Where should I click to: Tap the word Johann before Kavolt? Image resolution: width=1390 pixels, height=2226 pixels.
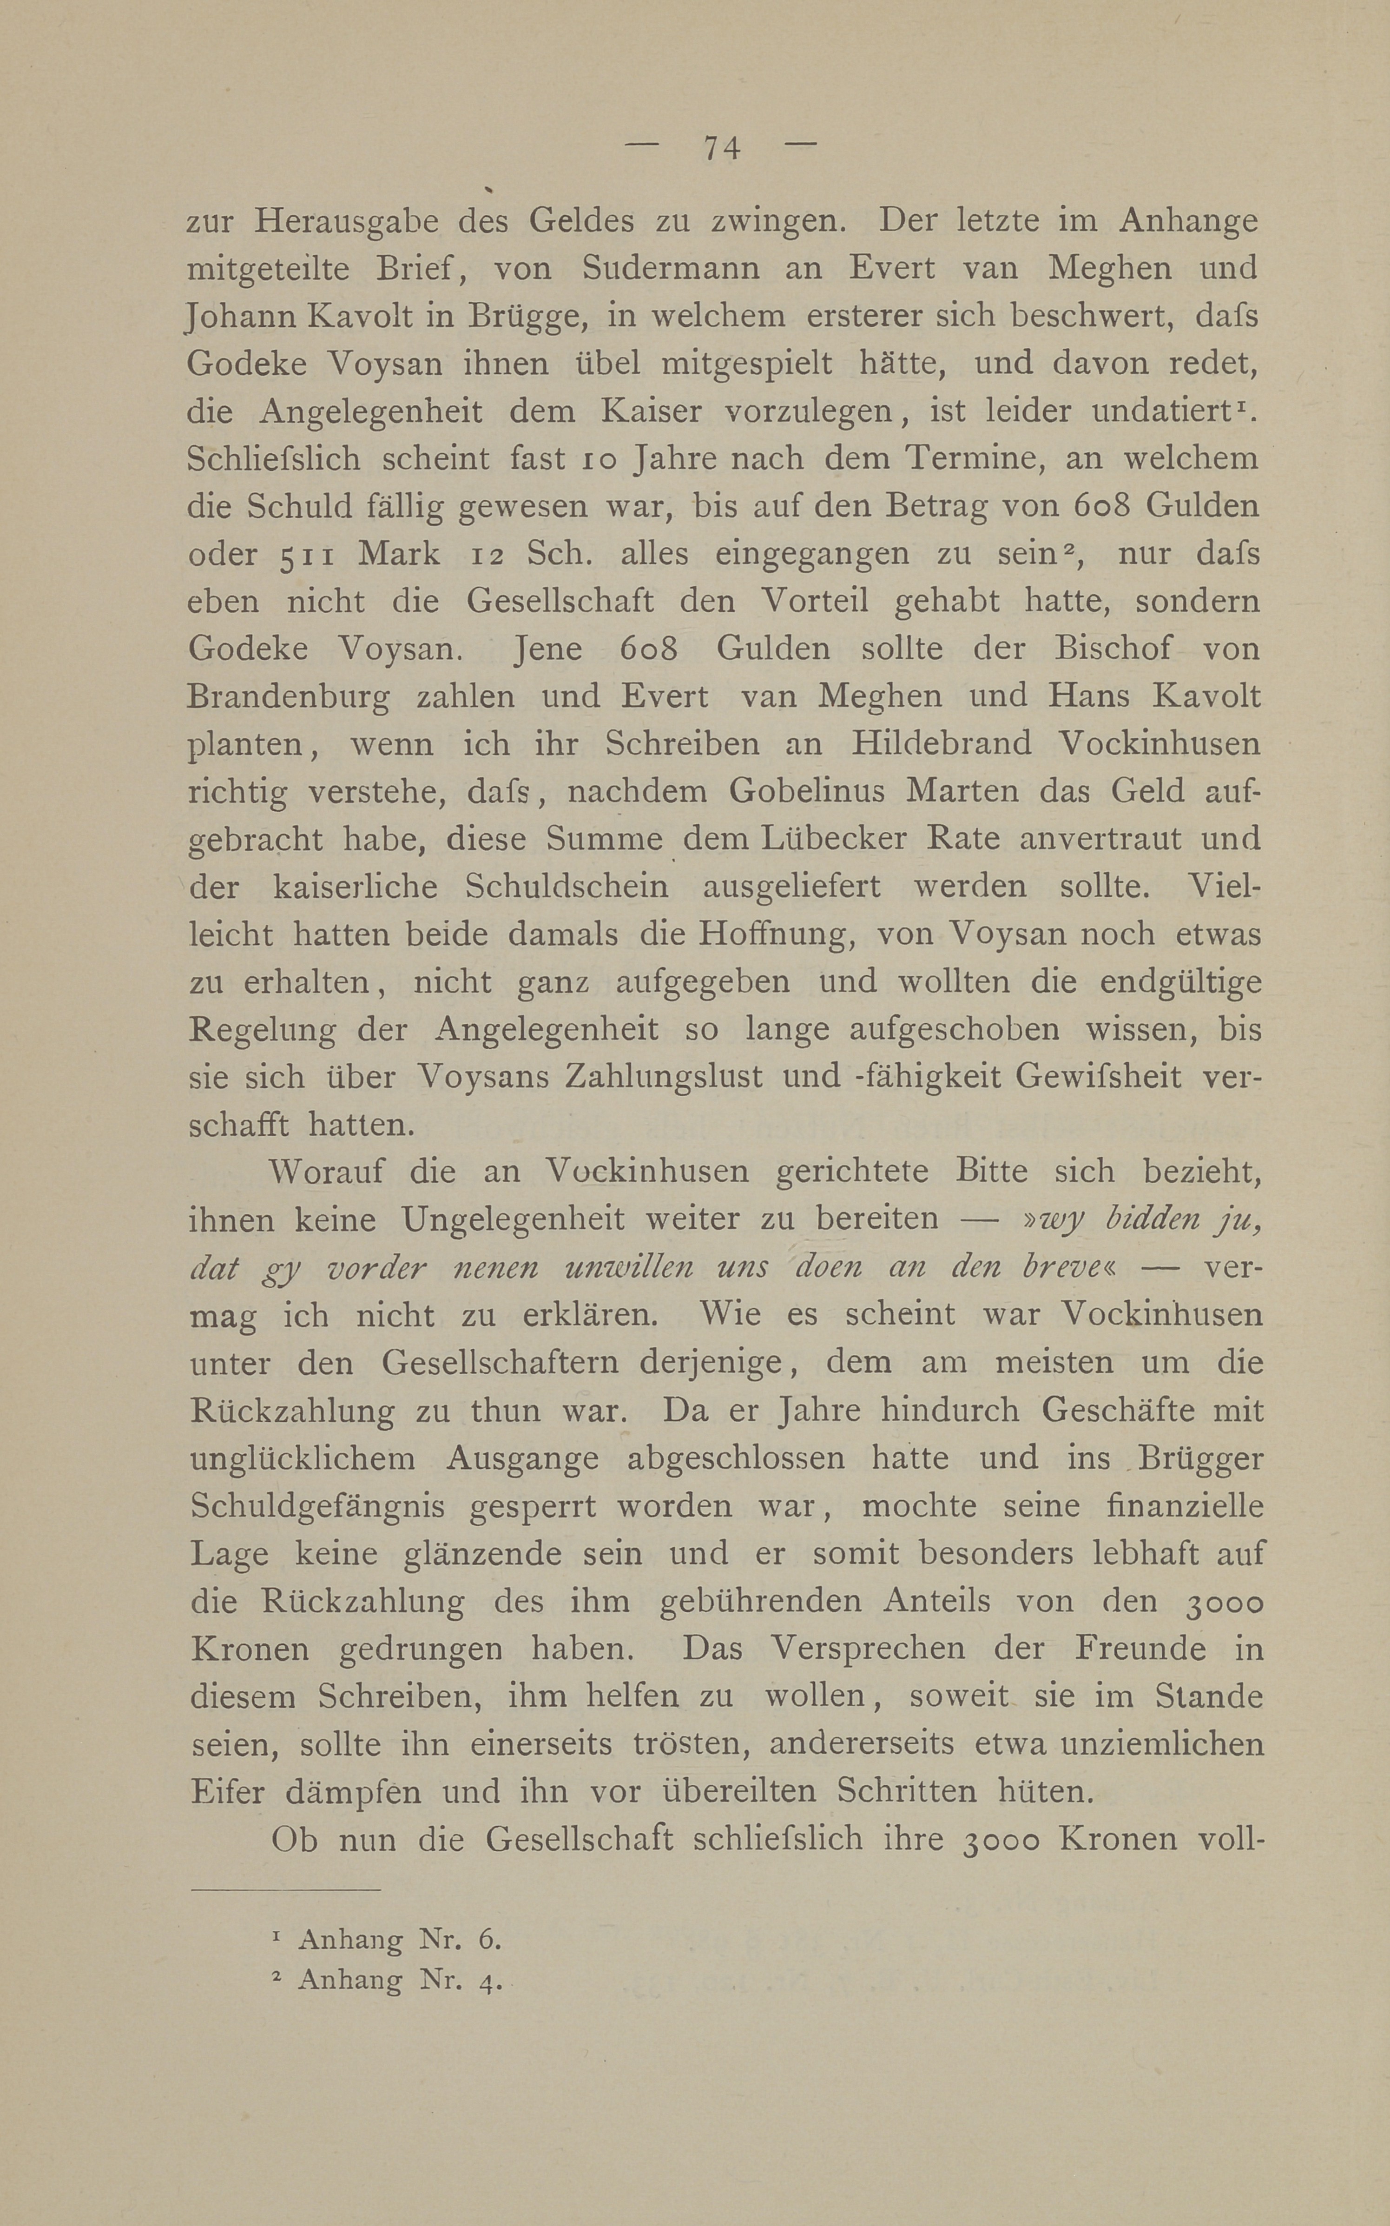pyautogui.click(x=241, y=316)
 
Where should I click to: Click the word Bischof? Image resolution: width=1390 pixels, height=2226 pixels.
pyautogui.click(x=1113, y=648)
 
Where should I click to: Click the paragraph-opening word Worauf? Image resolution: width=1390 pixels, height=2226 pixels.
pyautogui.click(x=326, y=1172)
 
